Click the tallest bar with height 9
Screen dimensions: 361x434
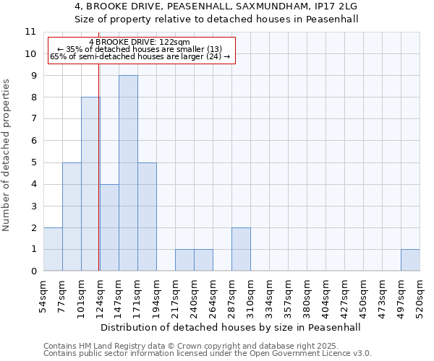coord(128,173)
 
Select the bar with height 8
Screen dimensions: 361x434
coord(90,184)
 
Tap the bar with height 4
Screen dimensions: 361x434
coord(109,227)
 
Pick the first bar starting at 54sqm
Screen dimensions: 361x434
coord(53,249)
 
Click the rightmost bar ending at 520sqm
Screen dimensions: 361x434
coord(410,260)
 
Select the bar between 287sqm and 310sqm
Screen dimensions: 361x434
coord(241,249)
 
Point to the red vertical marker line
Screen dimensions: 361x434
coord(98,180)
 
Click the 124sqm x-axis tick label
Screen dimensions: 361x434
coord(100,294)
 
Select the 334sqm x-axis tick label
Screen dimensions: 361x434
coord(269,294)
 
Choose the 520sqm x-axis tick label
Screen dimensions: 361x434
coord(420,294)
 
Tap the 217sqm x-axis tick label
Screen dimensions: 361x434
coord(175,294)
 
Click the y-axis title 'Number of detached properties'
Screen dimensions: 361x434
coord(7,155)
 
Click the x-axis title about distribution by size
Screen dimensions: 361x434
coord(230,327)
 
